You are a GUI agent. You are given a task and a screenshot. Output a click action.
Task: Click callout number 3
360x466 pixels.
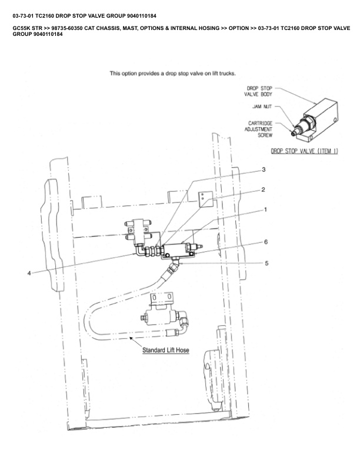pyautogui.click(x=264, y=169)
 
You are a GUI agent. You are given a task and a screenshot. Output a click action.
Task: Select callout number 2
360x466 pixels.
pyautogui.click(x=264, y=189)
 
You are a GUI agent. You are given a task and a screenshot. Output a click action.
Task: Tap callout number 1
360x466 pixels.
pyautogui.click(x=266, y=209)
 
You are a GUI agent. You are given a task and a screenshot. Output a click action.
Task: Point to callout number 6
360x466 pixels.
pyautogui.click(x=266, y=242)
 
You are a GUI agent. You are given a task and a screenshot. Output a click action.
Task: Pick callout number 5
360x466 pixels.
pyautogui.click(x=266, y=263)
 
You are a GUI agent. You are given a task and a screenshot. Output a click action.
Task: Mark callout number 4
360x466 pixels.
pyautogui.click(x=29, y=272)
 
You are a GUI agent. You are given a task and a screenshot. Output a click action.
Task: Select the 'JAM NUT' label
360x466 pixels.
pyautogui.click(x=261, y=107)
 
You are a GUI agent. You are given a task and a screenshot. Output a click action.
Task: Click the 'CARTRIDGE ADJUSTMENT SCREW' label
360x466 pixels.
pyautogui.click(x=259, y=128)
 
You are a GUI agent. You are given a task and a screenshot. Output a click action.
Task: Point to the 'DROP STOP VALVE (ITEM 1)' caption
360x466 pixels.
pyautogui.click(x=304, y=151)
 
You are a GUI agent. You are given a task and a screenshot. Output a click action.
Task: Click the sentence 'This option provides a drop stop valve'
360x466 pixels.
pyautogui.click(x=173, y=74)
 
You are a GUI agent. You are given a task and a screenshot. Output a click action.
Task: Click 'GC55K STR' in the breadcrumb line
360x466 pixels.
pyautogui.click(x=25, y=28)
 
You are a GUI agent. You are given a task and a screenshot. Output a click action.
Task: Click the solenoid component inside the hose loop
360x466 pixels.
pyautogui.click(x=160, y=318)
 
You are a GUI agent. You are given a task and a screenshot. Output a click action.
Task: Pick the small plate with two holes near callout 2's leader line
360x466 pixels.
pyautogui.click(x=204, y=198)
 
